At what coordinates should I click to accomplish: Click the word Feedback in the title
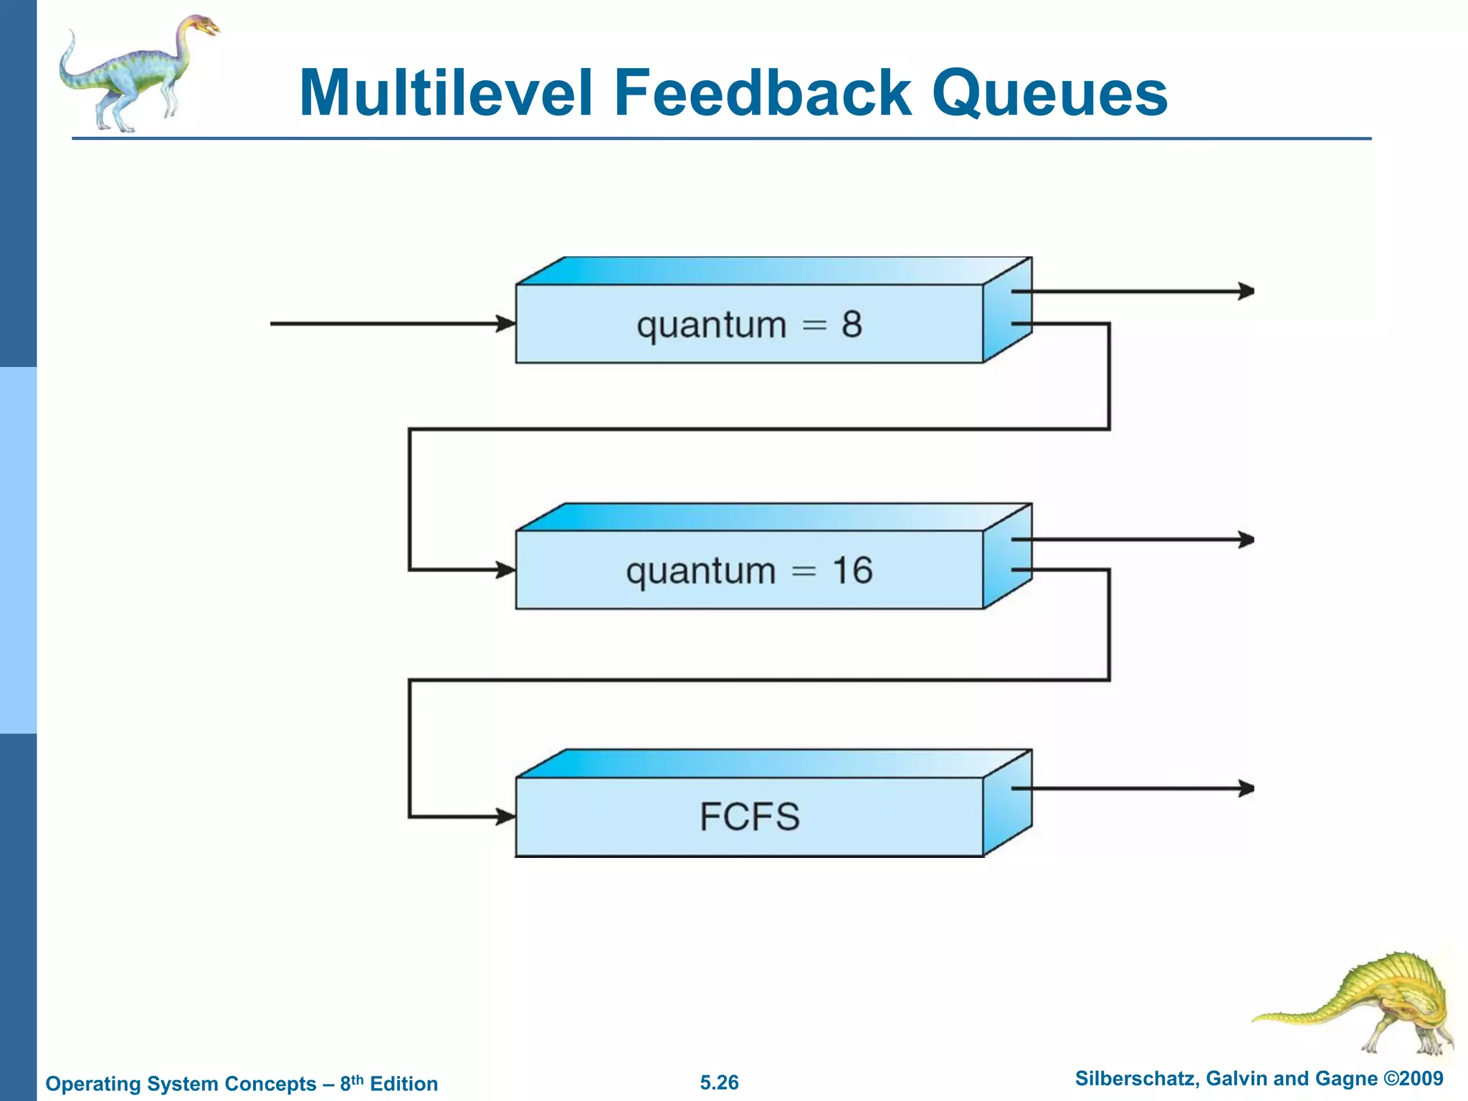click(763, 93)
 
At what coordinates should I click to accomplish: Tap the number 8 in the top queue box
click(852, 325)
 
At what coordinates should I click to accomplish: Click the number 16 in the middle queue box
click(852, 571)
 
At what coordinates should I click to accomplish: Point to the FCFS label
click(749, 817)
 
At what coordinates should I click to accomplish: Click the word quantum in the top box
click(711, 327)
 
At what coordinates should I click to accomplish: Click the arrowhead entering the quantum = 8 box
click(507, 323)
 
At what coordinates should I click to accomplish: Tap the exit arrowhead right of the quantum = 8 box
click(1247, 291)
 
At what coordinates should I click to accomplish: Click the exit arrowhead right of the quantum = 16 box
click(1247, 539)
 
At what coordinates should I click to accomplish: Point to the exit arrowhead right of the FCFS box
click(1247, 788)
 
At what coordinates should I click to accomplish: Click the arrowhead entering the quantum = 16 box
click(507, 571)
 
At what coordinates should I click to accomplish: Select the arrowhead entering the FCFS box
click(507, 816)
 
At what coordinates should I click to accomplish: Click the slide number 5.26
click(719, 1082)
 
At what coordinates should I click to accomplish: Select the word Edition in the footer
click(404, 1084)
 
